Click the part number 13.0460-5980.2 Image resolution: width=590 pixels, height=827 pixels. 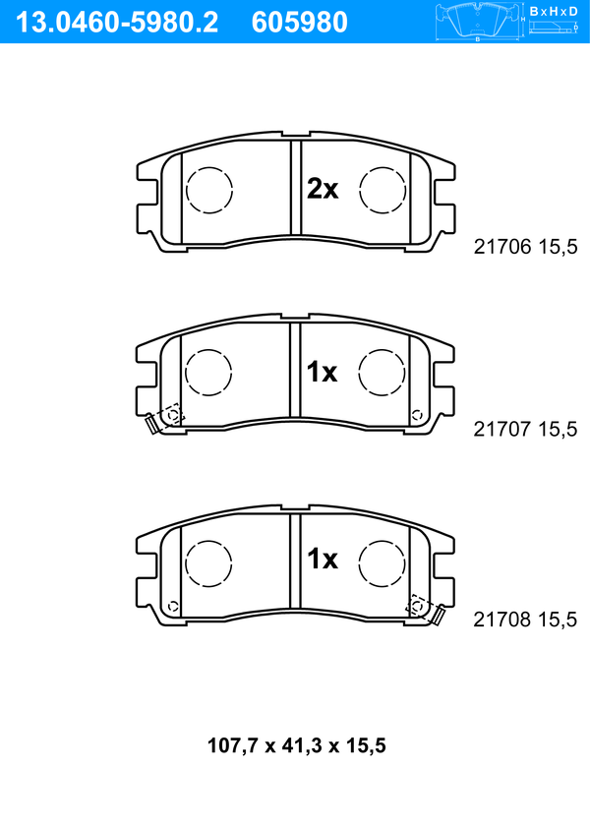117,23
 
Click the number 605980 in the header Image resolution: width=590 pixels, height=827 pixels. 300,23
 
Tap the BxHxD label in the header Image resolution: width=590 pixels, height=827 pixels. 554,11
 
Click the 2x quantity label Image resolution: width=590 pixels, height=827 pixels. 323,188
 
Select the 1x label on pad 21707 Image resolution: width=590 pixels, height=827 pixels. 323,372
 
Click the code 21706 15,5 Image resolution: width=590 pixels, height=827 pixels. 526,247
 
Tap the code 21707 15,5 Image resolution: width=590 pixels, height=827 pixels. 526,429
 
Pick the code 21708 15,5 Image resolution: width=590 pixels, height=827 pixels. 526,619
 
